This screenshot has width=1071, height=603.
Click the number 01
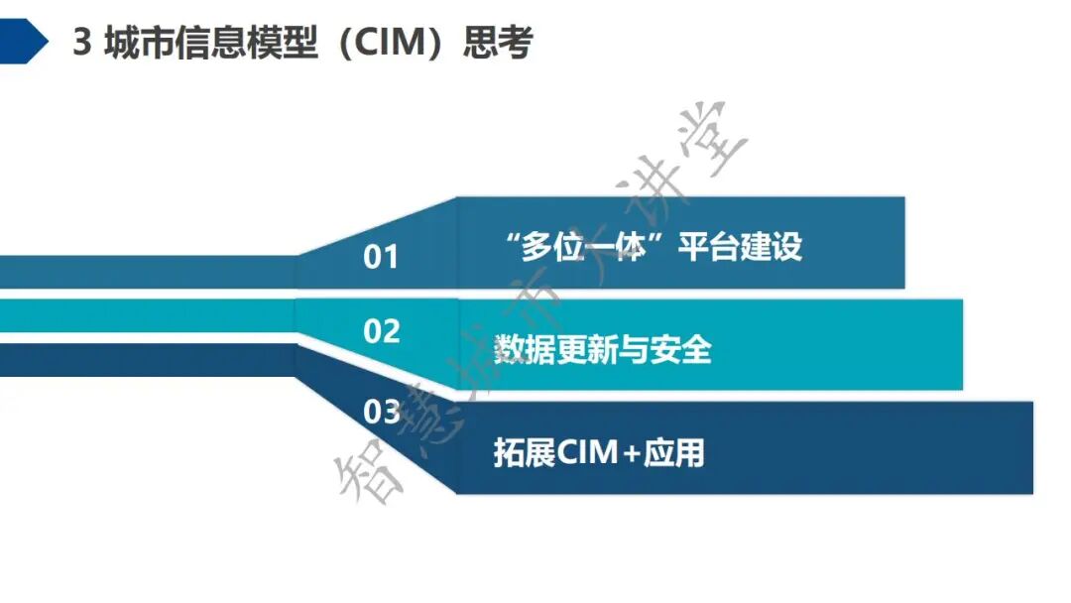[381, 258]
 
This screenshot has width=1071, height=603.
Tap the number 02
[381, 331]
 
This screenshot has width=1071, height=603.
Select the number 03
[381, 411]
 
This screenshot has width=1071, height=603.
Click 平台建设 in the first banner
[740, 247]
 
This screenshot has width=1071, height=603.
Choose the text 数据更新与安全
[602, 349]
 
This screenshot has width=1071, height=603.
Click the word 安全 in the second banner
[681, 349]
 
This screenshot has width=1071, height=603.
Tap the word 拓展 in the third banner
[525, 452]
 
